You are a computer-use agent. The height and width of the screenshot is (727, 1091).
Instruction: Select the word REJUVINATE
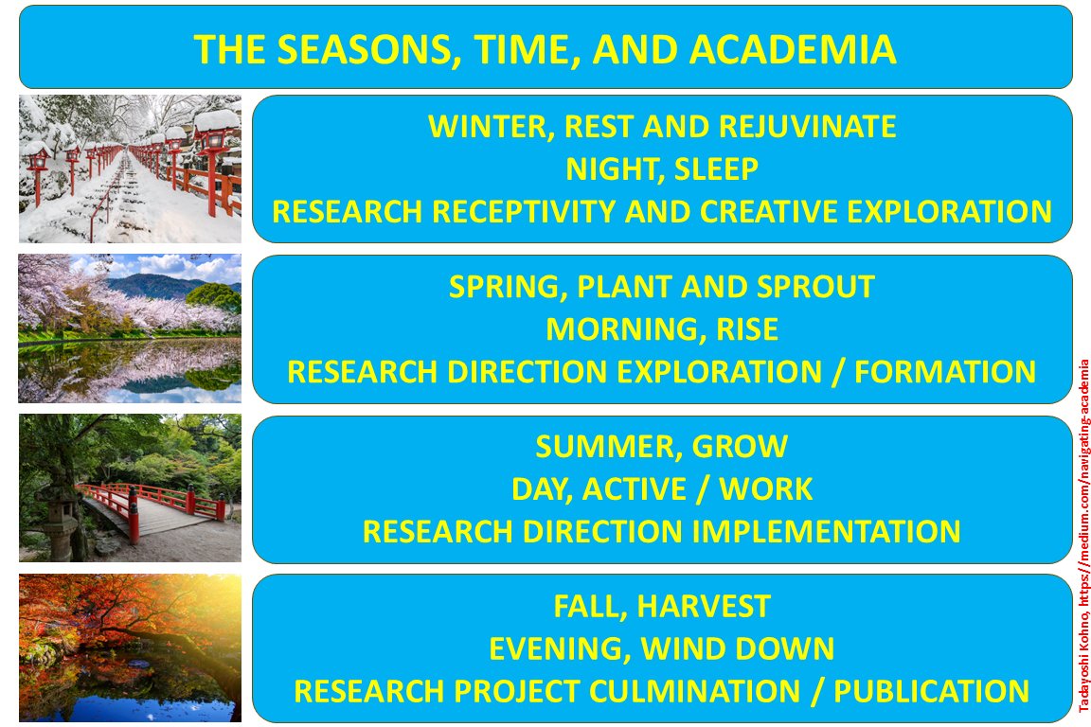click(800, 126)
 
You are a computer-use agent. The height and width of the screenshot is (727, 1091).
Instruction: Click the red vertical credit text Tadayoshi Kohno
click(1083, 663)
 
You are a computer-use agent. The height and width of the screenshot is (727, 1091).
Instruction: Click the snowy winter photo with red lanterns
click(130, 168)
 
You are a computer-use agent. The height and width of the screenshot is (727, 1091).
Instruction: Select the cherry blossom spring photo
click(130, 328)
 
